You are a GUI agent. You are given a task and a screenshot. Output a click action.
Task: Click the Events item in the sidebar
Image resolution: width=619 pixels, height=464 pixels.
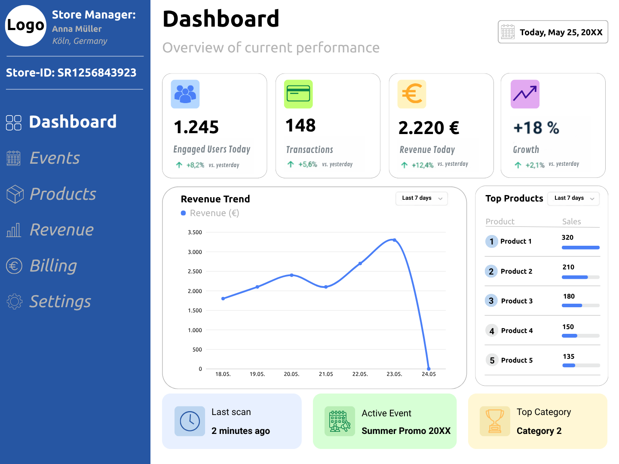(55, 158)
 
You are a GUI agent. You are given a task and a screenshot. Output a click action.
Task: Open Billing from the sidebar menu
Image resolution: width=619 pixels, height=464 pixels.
(53, 266)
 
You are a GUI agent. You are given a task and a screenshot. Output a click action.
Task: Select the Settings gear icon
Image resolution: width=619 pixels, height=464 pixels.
(14, 302)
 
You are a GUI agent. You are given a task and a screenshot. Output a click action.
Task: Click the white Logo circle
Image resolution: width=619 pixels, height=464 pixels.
(26, 26)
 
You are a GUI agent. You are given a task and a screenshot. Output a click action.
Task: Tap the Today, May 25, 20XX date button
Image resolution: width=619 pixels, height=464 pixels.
(553, 32)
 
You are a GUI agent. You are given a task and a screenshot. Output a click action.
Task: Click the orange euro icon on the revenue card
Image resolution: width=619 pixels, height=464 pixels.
(412, 94)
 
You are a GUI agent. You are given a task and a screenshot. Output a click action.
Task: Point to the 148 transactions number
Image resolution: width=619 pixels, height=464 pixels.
(300, 125)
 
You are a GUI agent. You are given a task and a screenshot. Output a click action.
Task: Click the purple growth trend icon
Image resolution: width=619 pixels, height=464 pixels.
(525, 94)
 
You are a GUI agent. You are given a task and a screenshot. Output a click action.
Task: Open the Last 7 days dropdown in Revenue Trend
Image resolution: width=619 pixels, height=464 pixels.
(422, 198)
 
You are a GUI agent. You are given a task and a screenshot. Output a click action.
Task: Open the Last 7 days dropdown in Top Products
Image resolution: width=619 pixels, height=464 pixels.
(573, 198)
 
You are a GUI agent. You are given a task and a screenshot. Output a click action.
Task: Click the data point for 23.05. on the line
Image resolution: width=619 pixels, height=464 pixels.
(395, 240)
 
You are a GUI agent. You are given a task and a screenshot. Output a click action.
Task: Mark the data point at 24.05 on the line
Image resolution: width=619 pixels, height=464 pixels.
(429, 369)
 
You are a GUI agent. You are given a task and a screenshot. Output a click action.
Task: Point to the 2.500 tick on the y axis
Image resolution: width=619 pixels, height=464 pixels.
(195, 272)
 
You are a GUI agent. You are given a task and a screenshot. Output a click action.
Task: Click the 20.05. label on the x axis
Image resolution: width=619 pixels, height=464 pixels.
(291, 374)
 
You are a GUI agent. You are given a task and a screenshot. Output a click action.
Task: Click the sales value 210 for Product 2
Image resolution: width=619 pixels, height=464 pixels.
(568, 267)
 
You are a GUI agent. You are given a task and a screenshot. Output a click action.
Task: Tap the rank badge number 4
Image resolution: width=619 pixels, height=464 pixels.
(492, 331)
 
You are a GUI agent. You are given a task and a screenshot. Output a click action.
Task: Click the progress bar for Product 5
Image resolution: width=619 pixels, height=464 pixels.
(581, 366)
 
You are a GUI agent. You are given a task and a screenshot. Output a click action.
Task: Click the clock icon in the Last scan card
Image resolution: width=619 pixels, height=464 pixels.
(190, 421)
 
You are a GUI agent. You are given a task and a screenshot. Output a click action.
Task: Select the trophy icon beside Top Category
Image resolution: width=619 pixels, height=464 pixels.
(495, 421)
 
